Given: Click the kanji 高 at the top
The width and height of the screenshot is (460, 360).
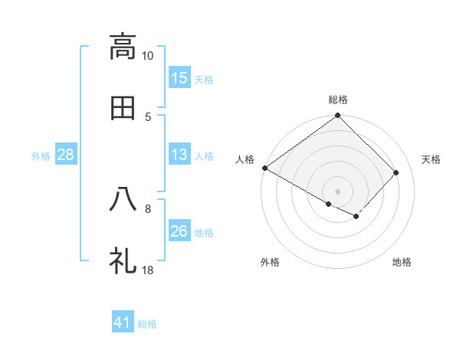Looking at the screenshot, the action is click(x=123, y=47).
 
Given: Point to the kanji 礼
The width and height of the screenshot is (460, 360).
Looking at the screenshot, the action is click(x=123, y=260).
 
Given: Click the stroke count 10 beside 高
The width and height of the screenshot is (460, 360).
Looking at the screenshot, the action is click(x=148, y=56).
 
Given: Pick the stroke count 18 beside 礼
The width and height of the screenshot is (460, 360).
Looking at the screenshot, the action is click(x=148, y=270).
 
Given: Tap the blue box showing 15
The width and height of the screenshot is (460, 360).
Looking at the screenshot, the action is click(x=179, y=78).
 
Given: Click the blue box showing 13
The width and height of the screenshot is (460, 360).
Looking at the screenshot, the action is click(x=179, y=155).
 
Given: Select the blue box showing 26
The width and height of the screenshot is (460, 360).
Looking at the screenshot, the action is click(x=179, y=231).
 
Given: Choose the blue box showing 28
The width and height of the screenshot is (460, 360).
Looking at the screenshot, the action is click(x=66, y=155).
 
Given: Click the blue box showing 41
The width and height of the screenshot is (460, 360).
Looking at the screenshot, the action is click(x=123, y=323).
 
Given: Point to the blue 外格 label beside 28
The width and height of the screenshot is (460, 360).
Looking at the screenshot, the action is click(x=41, y=156).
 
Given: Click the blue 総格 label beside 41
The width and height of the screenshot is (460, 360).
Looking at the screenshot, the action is click(x=147, y=325).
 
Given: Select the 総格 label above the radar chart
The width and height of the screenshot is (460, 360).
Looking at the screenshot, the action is click(x=338, y=100).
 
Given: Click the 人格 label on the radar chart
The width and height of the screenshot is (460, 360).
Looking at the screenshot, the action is click(x=245, y=159).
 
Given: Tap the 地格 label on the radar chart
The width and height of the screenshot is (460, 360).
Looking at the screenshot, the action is click(x=402, y=263).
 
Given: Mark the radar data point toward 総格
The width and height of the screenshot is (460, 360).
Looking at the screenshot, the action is click(x=338, y=116).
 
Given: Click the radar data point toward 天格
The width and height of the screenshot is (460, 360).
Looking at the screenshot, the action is click(x=396, y=173).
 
